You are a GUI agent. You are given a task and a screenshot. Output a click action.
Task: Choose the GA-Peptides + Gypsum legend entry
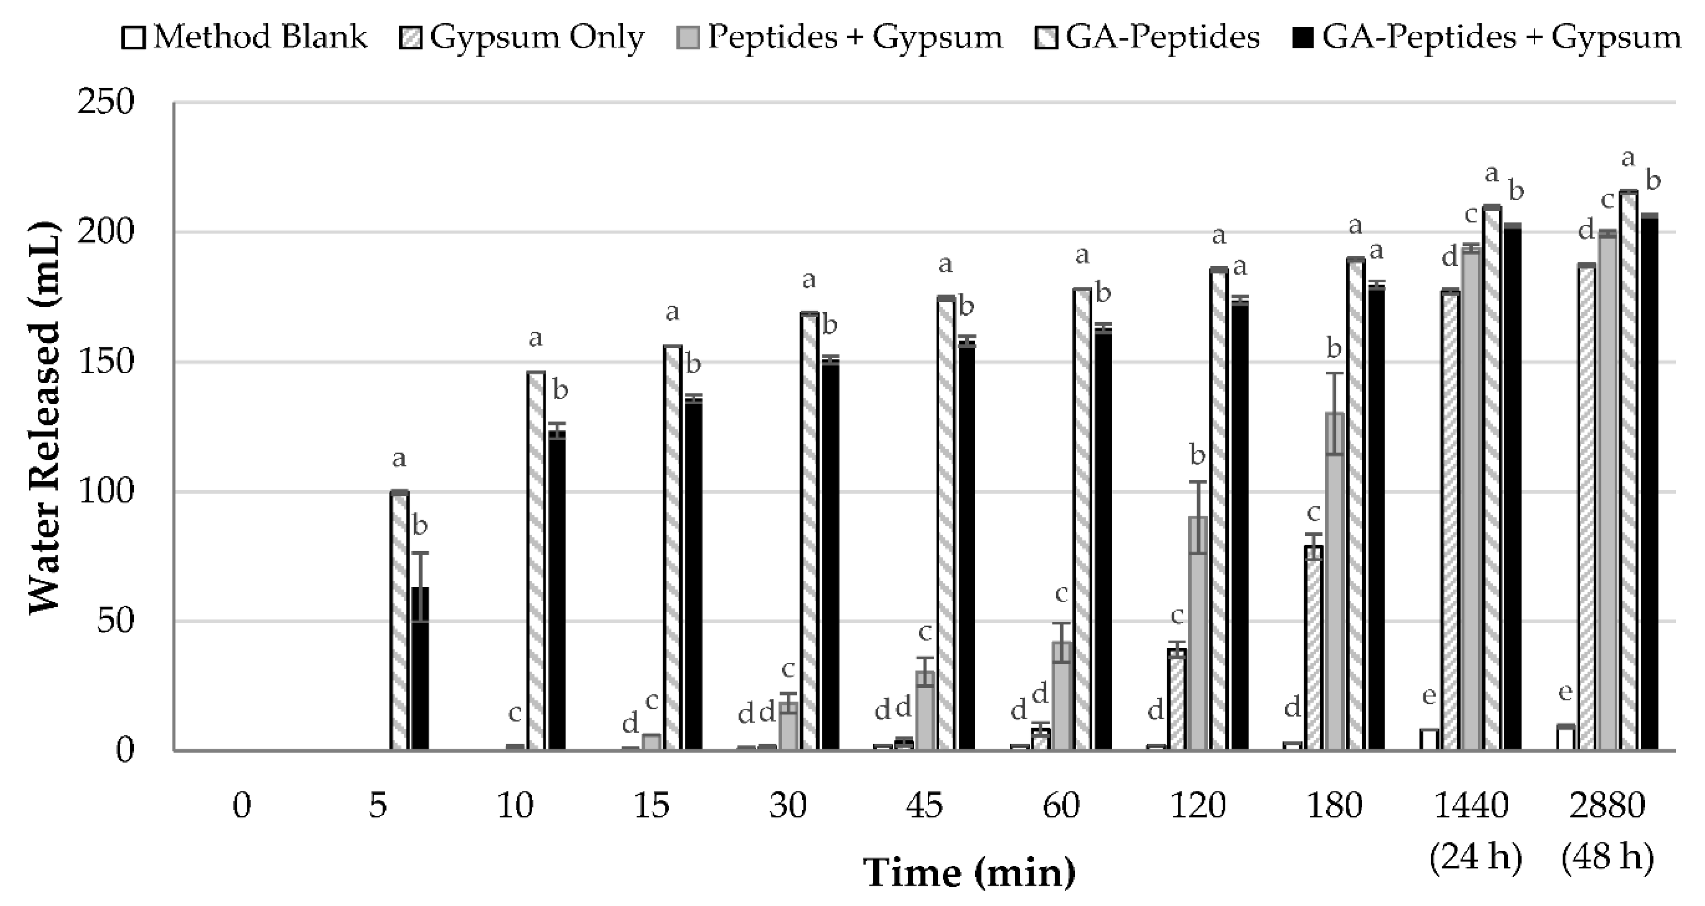point(1486,37)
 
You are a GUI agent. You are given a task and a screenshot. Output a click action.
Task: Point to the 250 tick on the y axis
point(106,103)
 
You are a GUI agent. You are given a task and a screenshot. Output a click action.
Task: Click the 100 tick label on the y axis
point(106,492)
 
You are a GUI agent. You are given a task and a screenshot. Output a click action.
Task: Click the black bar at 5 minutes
point(419,668)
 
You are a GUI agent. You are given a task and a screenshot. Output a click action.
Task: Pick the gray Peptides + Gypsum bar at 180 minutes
point(1334,583)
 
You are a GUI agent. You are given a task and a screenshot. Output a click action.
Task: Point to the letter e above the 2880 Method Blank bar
point(1565,692)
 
